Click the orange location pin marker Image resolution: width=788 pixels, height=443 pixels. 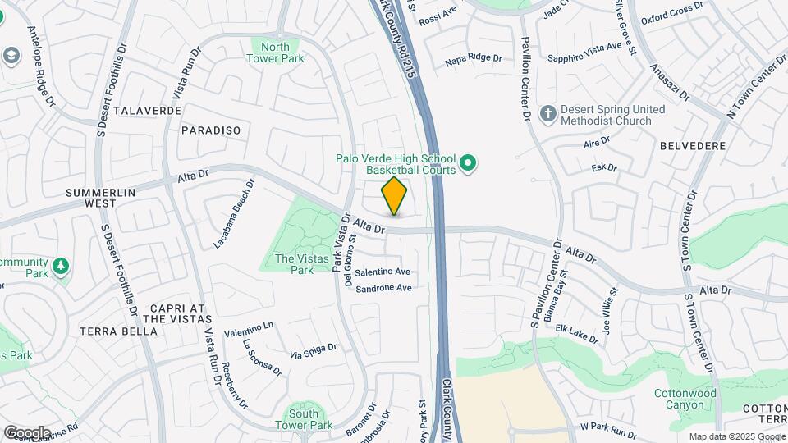tap(395, 195)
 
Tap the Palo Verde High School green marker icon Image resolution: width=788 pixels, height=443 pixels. tap(468, 165)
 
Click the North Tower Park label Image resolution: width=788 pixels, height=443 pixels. tap(276, 53)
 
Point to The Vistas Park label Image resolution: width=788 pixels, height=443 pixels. tap(294, 263)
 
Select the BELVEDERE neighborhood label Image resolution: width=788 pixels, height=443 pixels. tap(692, 146)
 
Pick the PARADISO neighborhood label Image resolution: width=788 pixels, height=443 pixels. tap(211, 130)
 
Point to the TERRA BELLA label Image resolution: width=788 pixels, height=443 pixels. tap(118, 331)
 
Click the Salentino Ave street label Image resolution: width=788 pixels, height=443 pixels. tap(383, 272)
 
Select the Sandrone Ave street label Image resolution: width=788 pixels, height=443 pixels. tap(382, 288)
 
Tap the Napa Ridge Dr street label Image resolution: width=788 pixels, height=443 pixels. tap(473, 58)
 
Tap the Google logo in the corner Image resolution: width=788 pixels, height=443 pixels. tap(27, 432)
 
